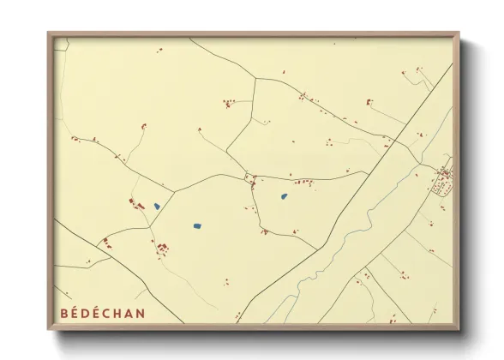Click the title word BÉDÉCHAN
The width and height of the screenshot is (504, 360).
coord(103,314)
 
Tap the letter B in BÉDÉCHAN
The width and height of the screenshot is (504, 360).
coord(64,314)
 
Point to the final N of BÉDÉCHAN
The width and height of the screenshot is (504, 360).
coord(141,314)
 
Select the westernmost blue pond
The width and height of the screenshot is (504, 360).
coord(156,206)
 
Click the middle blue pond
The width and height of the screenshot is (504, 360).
coord(197,226)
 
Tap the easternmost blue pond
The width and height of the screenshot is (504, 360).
coord(284,197)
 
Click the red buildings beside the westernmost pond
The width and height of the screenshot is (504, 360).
coord(137,204)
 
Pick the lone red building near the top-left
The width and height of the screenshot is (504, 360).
coord(159,50)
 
